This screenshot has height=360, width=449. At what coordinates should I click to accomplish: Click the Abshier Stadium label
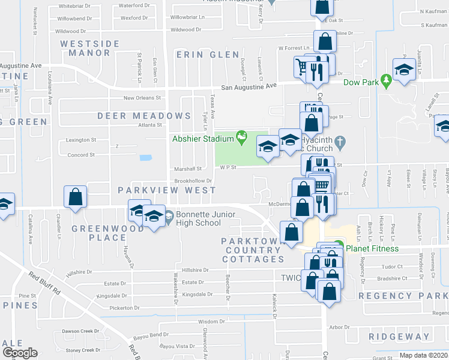click(x=202, y=139)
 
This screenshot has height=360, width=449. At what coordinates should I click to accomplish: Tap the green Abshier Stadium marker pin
click(x=241, y=137)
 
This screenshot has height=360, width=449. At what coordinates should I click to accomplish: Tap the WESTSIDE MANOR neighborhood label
click(x=94, y=48)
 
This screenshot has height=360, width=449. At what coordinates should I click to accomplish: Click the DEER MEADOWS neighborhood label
click(x=148, y=116)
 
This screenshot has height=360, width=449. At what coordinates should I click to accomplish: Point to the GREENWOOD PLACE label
click(x=99, y=233)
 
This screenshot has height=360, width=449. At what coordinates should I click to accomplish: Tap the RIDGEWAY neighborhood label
click(x=399, y=337)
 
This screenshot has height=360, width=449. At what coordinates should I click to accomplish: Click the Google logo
click(x=19, y=353)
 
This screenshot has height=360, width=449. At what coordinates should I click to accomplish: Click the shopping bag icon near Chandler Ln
click(x=75, y=197)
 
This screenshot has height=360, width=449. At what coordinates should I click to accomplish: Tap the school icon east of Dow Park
click(x=405, y=70)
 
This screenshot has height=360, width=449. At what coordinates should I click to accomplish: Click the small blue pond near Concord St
click(x=145, y=158)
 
